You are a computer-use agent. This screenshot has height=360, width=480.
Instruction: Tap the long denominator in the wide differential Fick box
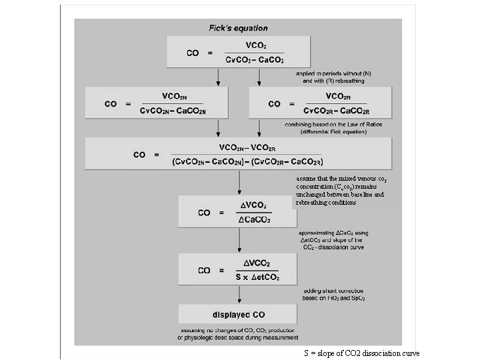tap(247, 161)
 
